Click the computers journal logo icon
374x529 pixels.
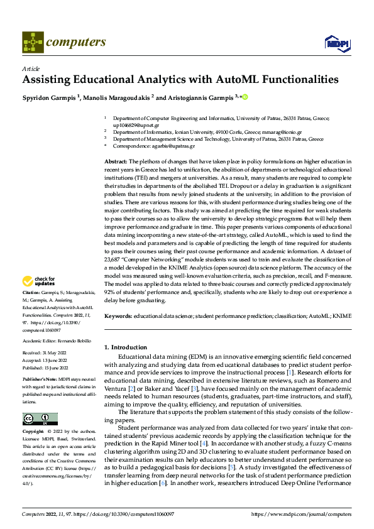point(33,42)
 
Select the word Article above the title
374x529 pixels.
point(31,68)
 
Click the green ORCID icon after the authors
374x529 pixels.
point(245,97)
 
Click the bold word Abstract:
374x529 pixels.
point(116,161)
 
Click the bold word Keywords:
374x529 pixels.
point(118,315)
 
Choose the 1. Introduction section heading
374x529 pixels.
point(126,347)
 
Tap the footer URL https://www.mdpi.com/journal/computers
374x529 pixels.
point(301,514)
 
